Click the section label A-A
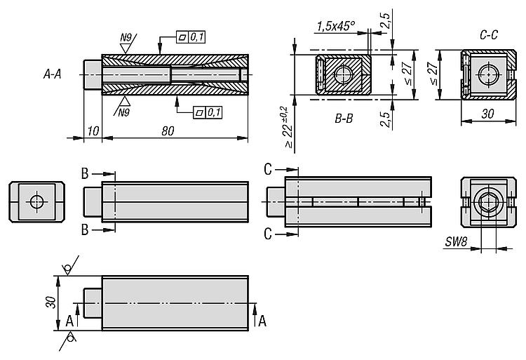(51, 73)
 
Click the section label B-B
(344, 119)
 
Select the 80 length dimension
(168, 131)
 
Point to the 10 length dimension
(93, 131)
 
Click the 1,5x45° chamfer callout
(335, 27)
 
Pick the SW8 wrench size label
(456, 243)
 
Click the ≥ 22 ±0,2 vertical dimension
(283, 126)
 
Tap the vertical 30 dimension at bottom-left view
(50, 302)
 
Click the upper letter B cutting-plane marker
(84, 173)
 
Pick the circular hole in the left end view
(36, 202)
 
